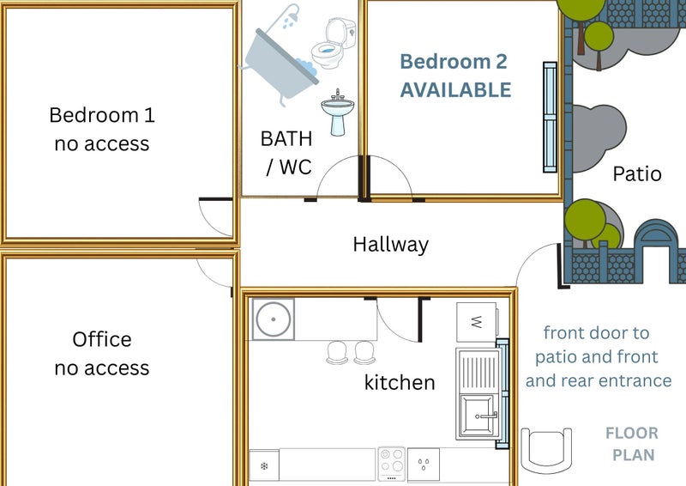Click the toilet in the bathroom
334,44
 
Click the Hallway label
391,245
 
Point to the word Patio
637,174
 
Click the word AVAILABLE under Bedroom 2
455,90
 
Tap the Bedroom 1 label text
102,115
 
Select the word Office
102,340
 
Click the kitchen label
400,383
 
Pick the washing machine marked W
477,322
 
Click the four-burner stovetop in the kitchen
392,464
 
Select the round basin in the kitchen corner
273,319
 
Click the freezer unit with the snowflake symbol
264,466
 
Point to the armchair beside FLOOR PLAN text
546,450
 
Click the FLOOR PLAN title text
633,444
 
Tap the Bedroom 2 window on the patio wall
550,117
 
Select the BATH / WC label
286,153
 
